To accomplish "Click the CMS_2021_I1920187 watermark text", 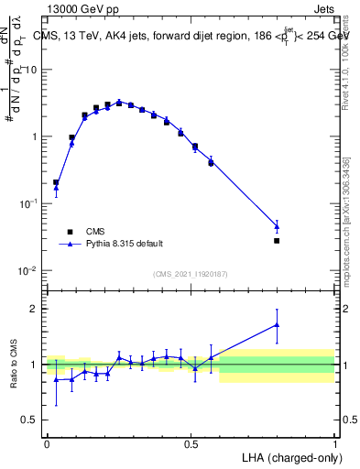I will (x=191, y=273).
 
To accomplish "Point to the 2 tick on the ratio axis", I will (x=35, y=309).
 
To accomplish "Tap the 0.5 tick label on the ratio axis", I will (x=30, y=420).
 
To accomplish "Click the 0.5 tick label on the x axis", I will (x=191, y=442).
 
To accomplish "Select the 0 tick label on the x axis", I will (x=47, y=442).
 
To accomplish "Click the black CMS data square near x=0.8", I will (x=277, y=241).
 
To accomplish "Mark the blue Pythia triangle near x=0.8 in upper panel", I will (x=277, y=225).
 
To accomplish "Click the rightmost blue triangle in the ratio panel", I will (x=277, y=324).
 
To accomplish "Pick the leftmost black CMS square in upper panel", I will (x=56, y=182).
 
